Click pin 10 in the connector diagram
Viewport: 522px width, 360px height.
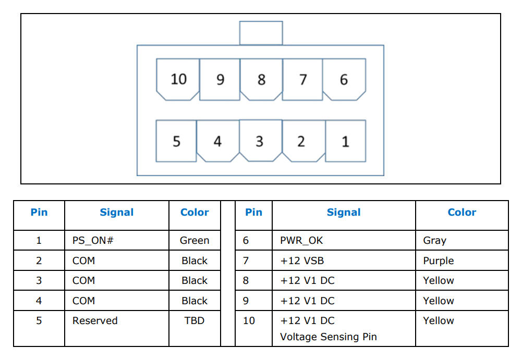coord(178,79)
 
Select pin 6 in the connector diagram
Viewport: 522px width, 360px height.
coord(344,79)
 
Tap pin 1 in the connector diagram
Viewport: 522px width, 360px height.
coord(346,141)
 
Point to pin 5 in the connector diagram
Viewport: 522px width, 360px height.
coord(176,141)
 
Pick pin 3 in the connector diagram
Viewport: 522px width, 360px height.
coord(260,141)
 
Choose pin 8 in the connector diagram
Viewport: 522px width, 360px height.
coord(261,79)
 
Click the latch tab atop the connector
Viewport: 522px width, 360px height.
coord(261,33)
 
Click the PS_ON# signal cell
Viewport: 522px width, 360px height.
coord(116,240)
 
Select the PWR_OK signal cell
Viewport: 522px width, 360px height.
coord(344,240)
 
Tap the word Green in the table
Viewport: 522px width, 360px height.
coord(195,240)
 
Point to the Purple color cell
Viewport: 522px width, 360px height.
coord(462,260)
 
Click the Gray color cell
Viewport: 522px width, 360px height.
coord(462,240)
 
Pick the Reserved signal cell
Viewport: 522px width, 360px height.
coord(116,328)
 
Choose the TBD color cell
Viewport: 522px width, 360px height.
coord(195,328)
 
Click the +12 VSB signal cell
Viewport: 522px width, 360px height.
coord(344,260)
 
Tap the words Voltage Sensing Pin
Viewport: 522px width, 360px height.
coord(328,337)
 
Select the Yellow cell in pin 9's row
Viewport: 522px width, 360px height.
coord(462,301)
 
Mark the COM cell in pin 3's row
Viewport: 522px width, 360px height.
coord(116,280)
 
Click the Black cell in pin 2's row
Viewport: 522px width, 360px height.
coord(195,260)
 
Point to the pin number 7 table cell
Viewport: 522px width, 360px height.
coord(253,260)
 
